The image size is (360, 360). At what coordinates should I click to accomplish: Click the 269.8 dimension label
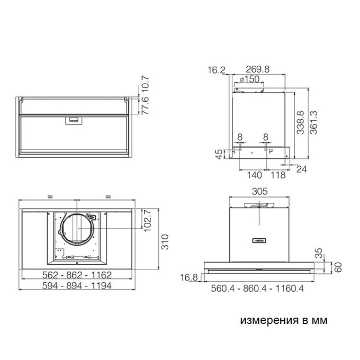pyautogui.click(x=257, y=69)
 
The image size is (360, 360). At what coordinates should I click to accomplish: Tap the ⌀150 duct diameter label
pyautogui.click(x=249, y=79)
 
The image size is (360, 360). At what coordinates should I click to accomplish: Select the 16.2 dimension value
pyautogui.click(x=217, y=70)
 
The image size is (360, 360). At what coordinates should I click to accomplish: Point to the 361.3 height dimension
pyautogui.click(x=313, y=122)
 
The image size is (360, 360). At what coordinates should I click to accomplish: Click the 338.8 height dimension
pyautogui.click(x=300, y=122)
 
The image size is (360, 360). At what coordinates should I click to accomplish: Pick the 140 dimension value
pyautogui.click(x=255, y=175)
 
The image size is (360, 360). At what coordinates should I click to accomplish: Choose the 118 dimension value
pyautogui.click(x=278, y=175)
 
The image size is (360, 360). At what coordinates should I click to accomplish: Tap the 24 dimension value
pyautogui.click(x=301, y=169)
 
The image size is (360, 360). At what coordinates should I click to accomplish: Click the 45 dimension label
pyautogui.click(x=219, y=154)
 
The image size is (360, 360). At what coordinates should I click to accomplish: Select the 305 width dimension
pyautogui.click(x=259, y=191)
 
